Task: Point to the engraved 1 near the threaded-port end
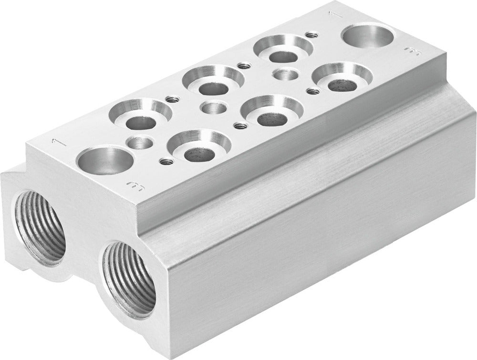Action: pos(57,141)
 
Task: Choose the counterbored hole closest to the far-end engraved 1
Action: pos(283,51)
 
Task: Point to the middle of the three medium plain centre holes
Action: pos(213,107)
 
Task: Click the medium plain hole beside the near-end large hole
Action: pos(141,142)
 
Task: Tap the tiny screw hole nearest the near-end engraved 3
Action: pos(166,161)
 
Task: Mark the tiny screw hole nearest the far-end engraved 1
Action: pos(312,34)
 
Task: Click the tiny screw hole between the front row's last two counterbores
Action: pos(312,90)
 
